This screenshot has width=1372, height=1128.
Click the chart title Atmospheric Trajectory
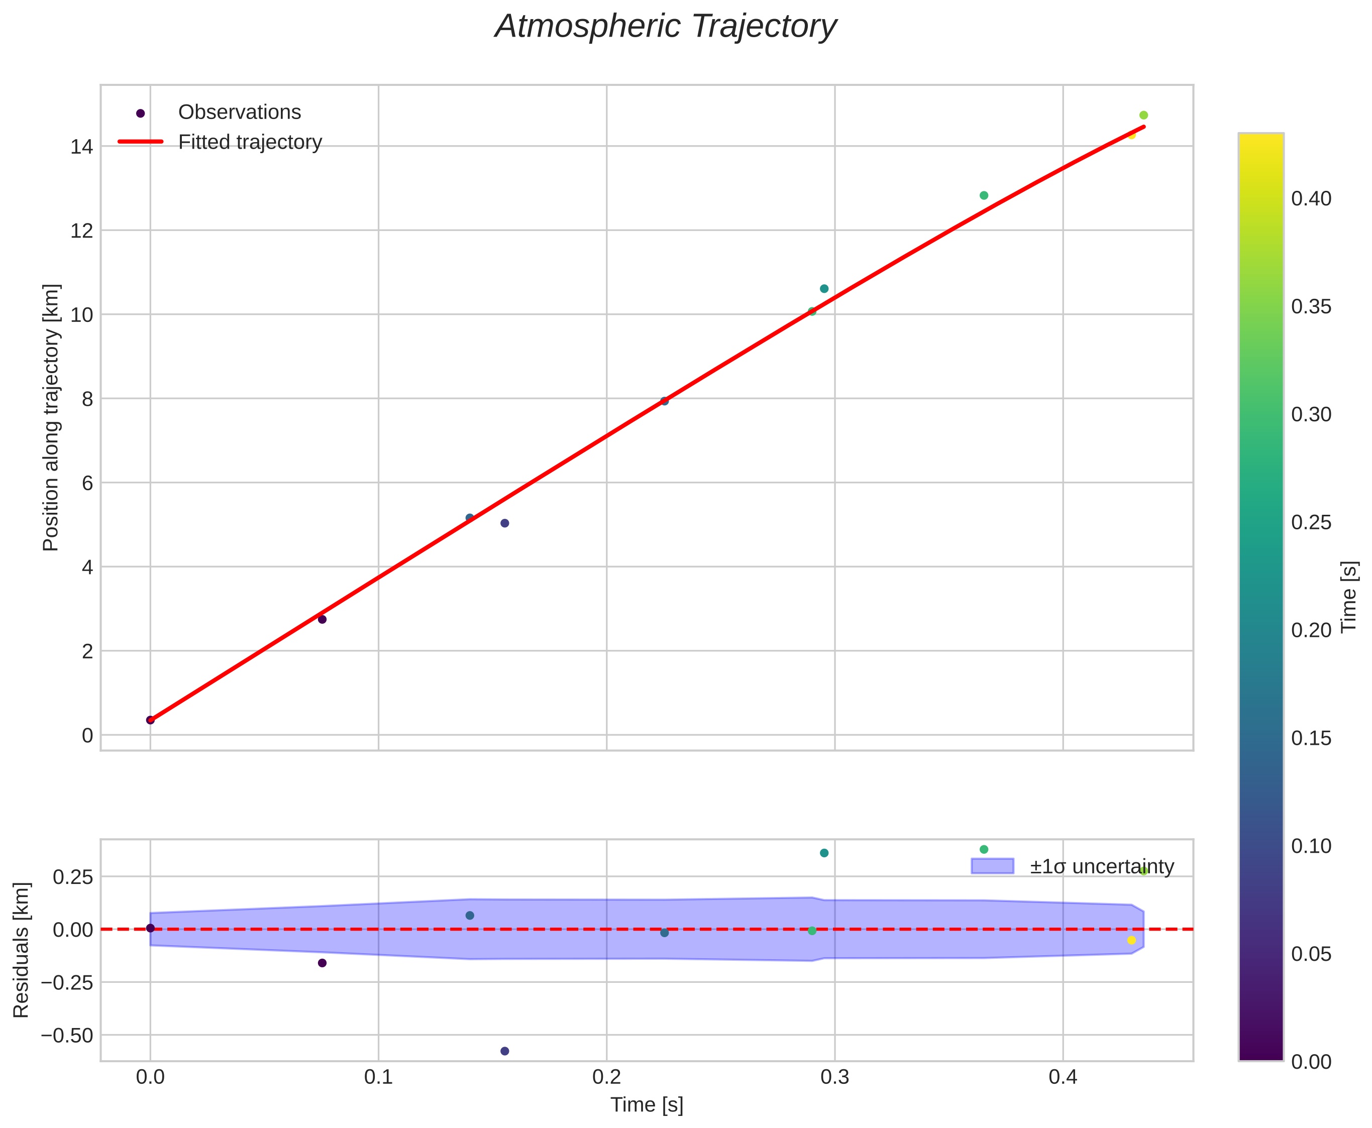pyautogui.click(x=666, y=27)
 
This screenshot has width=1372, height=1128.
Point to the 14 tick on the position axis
pyautogui.click(x=81, y=147)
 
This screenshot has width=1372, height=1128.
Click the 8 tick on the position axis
pyautogui.click(x=87, y=399)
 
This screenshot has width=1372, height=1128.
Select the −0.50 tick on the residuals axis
pyautogui.click(x=67, y=1035)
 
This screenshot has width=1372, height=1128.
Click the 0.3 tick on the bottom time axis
pyautogui.click(x=834, y=1078)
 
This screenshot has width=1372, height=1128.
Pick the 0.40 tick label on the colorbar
pyautogui.click(x=1311, y=199)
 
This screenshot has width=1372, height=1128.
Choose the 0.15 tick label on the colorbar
pyautogui.click(x=1311, y=738)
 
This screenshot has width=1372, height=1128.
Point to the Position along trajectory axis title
pyautogui.click(x=51, y=417)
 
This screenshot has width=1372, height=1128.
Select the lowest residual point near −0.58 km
pyautogui.click(x=504, y=1051)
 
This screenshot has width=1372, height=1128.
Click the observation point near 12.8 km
pyautogui.click(x=983, y=195)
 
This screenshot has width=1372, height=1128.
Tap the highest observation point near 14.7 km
pyautogui.click(x=1143, y=116)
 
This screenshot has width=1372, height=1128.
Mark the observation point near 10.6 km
pyautogui.click(x=824, y=288)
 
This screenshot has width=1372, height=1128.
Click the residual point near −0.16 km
pyautogui.click(x=322, y=963)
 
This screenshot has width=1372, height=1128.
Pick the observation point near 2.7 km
pyautogui.click(x=322, y=619)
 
